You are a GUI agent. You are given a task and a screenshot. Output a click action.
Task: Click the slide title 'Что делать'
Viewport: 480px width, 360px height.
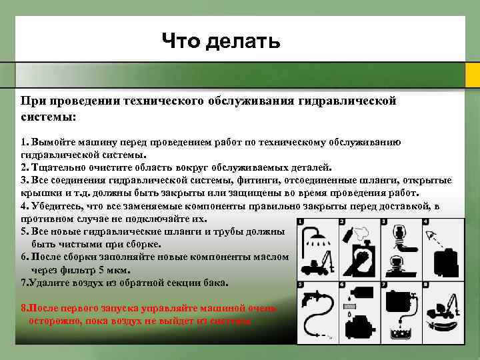[x=221, y=42]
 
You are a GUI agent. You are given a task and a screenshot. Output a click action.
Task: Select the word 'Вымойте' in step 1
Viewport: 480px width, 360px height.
[x=51, y=143]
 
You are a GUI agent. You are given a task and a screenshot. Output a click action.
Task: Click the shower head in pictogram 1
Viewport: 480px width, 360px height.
[x=311, y=236]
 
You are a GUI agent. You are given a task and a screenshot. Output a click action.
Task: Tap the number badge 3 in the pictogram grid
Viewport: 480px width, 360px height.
[x=383, y=223]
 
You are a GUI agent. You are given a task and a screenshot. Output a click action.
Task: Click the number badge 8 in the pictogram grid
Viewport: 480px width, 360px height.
[x=424, y=285]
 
